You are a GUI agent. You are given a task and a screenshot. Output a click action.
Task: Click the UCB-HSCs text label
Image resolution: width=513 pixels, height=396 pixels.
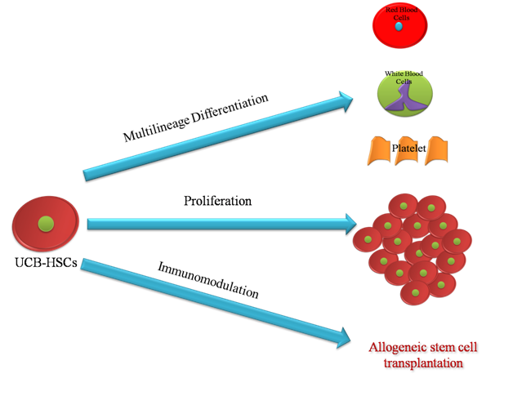click(x=45, y=264)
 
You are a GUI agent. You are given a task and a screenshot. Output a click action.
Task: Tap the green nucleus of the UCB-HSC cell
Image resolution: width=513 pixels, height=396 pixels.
click(x=47, y=222)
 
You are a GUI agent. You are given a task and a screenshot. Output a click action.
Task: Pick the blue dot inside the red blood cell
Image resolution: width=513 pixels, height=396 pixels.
click(x=398, y=27)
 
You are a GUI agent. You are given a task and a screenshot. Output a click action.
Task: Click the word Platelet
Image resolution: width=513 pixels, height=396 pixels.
click(x=406, y=148)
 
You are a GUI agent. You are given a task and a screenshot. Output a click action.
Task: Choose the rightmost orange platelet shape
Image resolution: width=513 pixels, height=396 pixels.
click(x=439, y=150)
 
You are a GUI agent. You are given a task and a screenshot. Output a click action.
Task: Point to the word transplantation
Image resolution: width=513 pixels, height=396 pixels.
click(x=417, y=363)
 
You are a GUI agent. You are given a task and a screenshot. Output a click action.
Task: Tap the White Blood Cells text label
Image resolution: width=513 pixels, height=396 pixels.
click(x=407, y=78)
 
